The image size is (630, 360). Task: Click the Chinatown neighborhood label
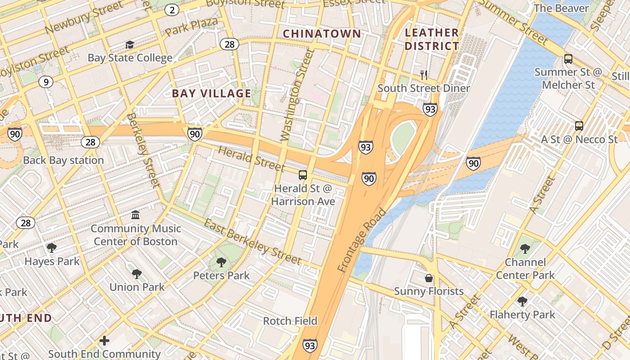[x=322, y=34]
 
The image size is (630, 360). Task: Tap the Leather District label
[x=432, y=39]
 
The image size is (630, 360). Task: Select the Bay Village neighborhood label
[x=211, y=94]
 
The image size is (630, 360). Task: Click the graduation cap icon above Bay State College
[x=130, y=45]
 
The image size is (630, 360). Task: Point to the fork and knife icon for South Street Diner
[x=423, y=75]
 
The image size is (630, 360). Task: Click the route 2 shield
[x=171, y=10]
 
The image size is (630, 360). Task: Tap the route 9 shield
[x=45, y=82]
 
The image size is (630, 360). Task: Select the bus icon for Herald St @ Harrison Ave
[x=303, y=175]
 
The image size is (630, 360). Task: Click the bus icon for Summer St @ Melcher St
[x=568, y=59]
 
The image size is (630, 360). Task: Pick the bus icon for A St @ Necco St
[x=579, y=126]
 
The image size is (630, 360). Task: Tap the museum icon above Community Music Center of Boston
[x=135, y=215]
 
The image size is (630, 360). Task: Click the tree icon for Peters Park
[x=221, y=262]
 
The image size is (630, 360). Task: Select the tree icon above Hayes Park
[x=52, y=247]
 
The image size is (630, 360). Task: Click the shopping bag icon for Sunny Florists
[x=429, y=278]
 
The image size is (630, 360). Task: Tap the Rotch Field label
[x=290, y=321]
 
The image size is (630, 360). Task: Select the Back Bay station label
[x=63, y=160]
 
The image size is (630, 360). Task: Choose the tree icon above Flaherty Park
[x=522, y=301]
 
